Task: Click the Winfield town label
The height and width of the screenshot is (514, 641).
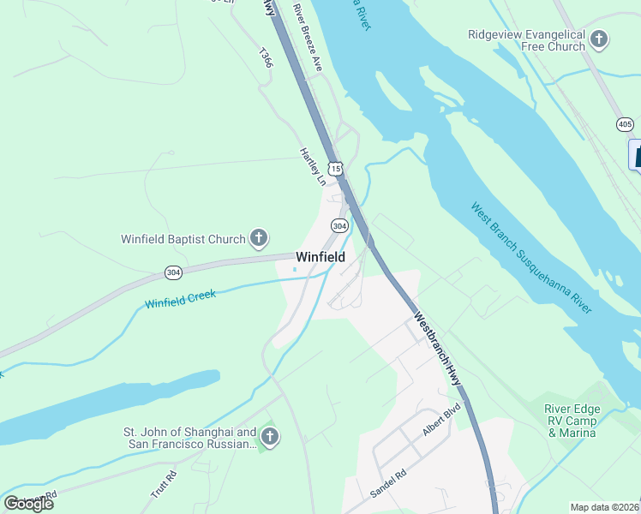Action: tap(320, 257)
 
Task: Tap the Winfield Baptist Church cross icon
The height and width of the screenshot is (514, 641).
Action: tap(259, 238)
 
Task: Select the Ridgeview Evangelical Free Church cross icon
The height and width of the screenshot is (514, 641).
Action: tap(599, 39)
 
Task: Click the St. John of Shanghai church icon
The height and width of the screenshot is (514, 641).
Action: tap(269, 439)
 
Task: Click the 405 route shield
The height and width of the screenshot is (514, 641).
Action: tap(625, 125)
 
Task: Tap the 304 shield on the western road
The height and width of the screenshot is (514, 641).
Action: tap(174, 272)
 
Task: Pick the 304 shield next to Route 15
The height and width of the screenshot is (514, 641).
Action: tap(339, 226)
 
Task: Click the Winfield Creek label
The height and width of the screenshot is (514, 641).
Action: tap(180, 299)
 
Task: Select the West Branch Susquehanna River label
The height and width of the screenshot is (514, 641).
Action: tap(531, 257)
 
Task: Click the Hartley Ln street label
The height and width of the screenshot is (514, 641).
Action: tap(313, 166)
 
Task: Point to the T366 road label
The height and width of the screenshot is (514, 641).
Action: tap(266, 57)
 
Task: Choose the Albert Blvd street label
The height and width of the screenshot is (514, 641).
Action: tap(441, 429)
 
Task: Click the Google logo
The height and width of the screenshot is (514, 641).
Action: tap(28, 504)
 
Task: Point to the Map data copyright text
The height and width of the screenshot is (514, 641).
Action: tap(605, 507)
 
